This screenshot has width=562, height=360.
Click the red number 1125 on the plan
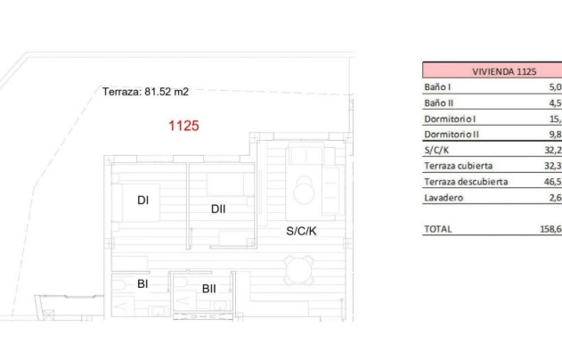(x=183, y=126)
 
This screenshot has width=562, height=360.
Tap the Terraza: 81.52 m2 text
(x=146, y=91)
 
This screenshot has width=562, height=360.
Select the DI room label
(x=143, y=200)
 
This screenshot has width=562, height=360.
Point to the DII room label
(x=218, y=209)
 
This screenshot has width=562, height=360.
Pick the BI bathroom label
(x=143, y=284)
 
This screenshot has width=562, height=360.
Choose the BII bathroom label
(x=209, y=288)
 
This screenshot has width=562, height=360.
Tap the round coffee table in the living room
(x=306, y=189)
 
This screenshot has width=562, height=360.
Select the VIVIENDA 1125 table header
(x=491, y=71)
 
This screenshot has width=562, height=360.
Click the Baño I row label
(x=437, y=87)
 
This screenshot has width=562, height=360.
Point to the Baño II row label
(x=439, y=103)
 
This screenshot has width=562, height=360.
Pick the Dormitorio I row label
(x=451, y=119)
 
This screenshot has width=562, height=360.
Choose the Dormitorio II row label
(x=452, y=135)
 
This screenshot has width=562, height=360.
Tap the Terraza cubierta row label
(x=458, y=166)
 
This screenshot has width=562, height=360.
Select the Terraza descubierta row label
(x=465, y=182)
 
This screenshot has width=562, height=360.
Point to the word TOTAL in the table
(x=438, y=229)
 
